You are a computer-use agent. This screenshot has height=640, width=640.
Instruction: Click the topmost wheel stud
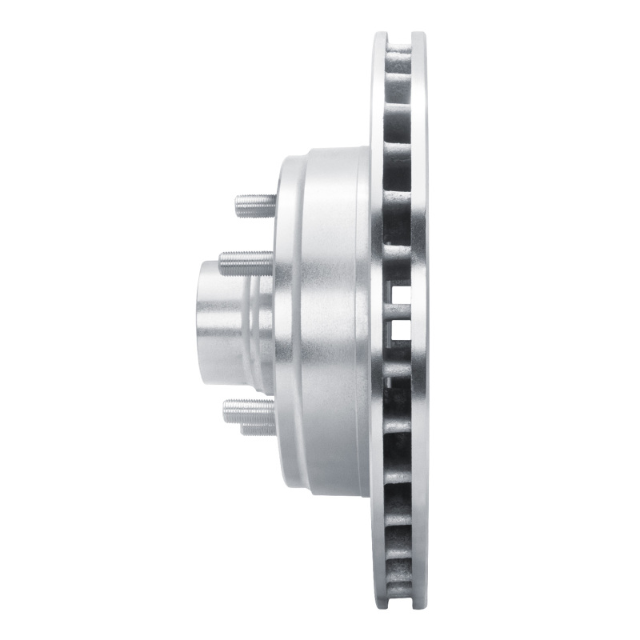tap(255, 206)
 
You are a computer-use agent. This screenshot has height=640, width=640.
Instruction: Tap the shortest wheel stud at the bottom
tap(258, 430)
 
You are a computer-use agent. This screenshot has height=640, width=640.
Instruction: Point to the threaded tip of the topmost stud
tap(240, 206)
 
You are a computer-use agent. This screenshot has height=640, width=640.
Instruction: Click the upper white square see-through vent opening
tap(400, 294)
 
